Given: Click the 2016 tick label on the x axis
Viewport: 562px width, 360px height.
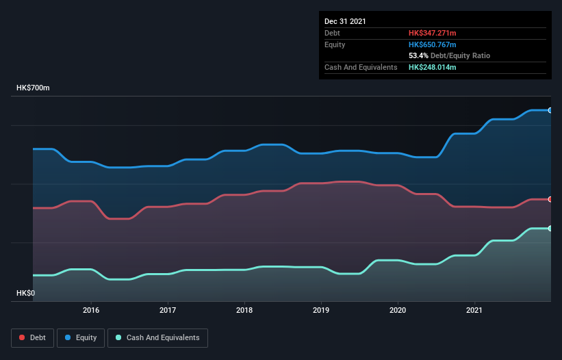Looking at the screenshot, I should tap(91, 310).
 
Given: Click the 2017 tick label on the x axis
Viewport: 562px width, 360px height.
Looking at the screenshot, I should tap(168, 310).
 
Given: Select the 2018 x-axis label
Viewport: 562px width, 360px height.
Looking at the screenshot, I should tap(244, 310).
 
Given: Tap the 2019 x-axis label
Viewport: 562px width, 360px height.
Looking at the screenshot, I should tap(321, 310).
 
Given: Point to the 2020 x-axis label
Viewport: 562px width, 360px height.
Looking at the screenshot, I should tap(398, 310).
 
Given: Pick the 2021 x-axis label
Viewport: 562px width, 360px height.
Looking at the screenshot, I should tap(474, 310).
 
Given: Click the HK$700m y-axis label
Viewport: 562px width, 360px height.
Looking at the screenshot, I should tap(33, 88).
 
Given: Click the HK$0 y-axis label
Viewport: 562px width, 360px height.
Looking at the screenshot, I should tap(25, 293).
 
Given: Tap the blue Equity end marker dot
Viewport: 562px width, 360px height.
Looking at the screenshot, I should tap(550, 110).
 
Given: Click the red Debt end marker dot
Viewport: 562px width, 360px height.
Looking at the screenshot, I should tap(550, 199).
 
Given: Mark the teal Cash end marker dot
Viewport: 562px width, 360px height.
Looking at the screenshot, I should tap(550, 229).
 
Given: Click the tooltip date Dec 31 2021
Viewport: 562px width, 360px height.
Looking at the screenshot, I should tap(345, 21).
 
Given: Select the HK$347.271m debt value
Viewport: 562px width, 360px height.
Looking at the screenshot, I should tap(432, 33).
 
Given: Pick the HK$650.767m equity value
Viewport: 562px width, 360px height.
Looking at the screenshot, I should tap(432, 44).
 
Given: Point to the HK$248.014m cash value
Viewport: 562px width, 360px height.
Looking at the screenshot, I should tap(432, 67).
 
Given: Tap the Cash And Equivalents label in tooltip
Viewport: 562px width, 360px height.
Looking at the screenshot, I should tap(361, 67).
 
